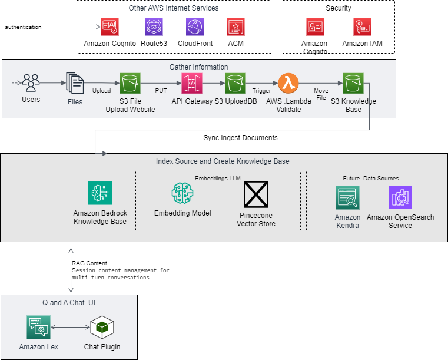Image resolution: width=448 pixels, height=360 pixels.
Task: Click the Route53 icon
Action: click(x=154, y=27)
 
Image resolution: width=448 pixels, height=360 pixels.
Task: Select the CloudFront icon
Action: click(x=195, y=27)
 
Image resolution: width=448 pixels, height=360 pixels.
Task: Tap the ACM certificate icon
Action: click(x=236, y=27)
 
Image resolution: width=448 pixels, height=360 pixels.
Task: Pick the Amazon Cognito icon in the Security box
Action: click(x=315, y=27)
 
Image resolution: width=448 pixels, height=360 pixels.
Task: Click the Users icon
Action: click(x=31, y=83)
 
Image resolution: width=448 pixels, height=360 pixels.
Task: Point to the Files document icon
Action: click(x=75, y=84)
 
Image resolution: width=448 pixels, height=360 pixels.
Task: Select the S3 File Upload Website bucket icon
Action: click(x=130, y=83)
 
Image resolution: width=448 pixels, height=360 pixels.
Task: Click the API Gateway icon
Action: click(x=193, y=83)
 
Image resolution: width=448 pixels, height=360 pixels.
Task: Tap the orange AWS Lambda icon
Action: click(x=288, y=83)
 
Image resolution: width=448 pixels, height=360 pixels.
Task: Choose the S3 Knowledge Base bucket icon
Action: click(x=353, y=83)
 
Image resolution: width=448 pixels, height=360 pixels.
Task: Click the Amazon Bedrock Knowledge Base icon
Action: click(x=99, y=193)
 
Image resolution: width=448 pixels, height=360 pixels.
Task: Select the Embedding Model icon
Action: click(x=182, y=193)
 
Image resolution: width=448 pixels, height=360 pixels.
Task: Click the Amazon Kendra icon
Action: click(x=347, y=198)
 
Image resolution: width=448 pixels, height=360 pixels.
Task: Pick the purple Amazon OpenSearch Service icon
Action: click(x=400, y=198)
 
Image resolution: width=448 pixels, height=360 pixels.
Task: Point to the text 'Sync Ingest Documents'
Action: click(x=240, y=138)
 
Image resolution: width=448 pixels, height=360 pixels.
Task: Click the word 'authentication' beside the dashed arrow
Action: click(x=24, y=27)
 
